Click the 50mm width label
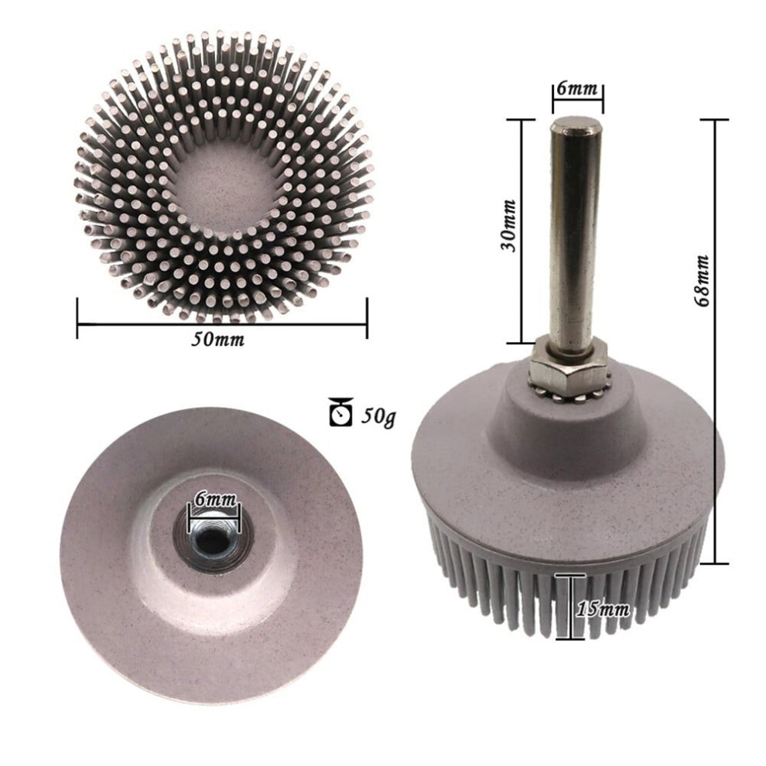[x=217, y=339]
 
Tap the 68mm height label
[x=702, y=280]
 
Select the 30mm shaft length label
[x=508, y=225]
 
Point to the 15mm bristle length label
[x=603, y=609]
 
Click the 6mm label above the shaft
[x=577, y=88]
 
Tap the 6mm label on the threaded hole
[x=215, y=499]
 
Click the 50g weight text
[x=378, y=416]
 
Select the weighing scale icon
[x=341, y=412]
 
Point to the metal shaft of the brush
[x=575, y=231]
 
